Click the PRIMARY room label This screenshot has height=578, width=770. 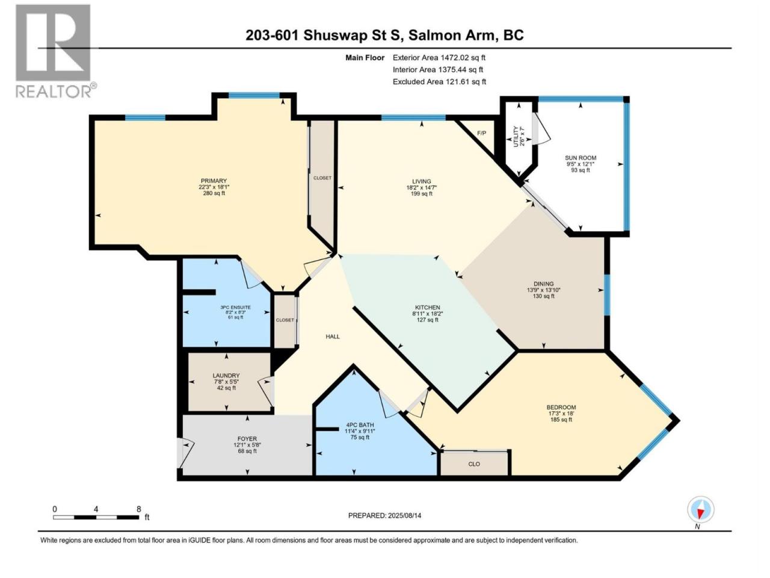214,181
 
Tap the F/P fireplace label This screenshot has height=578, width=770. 482,133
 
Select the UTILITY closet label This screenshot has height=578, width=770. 516,137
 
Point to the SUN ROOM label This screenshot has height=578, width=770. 581,158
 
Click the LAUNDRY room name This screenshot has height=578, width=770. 226,376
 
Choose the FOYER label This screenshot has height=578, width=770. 247,439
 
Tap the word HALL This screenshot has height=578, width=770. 333,337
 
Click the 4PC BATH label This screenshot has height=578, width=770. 360,425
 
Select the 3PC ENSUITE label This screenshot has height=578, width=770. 235,308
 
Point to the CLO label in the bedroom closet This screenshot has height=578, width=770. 474,464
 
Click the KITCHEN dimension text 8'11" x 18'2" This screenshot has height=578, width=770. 428,314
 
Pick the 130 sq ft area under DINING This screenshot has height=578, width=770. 544,296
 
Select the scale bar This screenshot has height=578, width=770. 96,517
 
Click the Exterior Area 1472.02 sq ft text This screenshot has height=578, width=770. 439,58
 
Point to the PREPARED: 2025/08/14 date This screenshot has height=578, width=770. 384,515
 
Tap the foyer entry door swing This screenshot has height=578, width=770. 185,453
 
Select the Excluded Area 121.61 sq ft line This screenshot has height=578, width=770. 439,82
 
